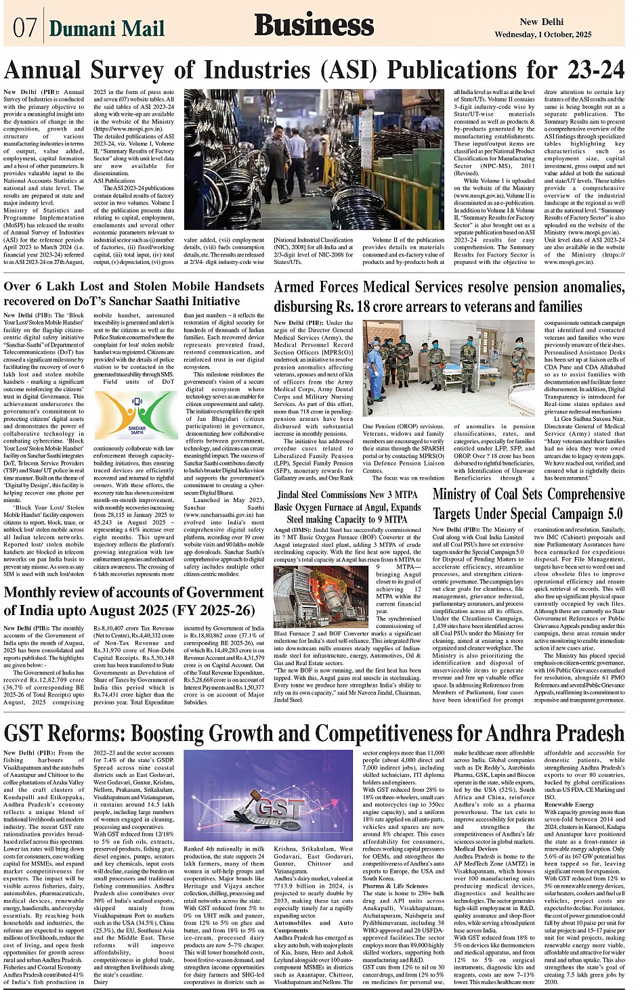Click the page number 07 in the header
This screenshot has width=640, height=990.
(x=24, y=27)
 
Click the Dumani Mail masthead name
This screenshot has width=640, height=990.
(x=107, y=28)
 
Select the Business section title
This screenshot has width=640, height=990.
(x=314, y=26)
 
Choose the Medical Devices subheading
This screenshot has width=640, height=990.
(x=475, y=849)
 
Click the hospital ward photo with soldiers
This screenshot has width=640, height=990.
(x=448, y=361)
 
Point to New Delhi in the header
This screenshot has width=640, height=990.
(x=538, y=22)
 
